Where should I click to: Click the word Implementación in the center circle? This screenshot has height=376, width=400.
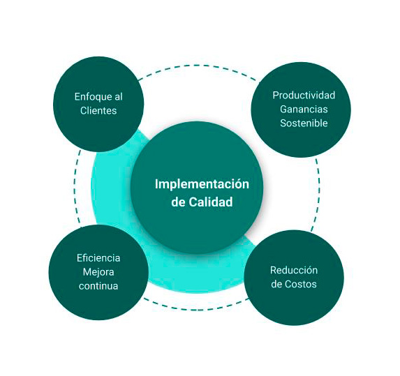pos(202,184)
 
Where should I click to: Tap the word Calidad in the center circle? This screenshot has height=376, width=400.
pos(211,202)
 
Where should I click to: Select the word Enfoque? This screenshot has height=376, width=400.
pos(91,97)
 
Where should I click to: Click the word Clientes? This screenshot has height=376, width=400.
pos(98,111)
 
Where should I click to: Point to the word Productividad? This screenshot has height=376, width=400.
pos(304,96)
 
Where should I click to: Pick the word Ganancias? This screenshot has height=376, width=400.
pos(304,110)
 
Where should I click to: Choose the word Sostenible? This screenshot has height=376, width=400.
pos(304,123)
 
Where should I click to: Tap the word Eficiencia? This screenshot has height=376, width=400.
pos(98,258)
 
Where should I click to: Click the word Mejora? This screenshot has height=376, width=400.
pos(98,272)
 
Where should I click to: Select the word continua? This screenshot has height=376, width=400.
pos(98,286)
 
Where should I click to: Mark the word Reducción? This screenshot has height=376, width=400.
pos(294,270)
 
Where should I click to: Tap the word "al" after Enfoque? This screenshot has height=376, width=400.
pos(117,96)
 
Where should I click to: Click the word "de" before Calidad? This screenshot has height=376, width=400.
pos(178,202)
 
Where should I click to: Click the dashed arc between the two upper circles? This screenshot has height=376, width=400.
pos(196,66)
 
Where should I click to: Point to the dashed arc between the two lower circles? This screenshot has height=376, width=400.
pos(196,310)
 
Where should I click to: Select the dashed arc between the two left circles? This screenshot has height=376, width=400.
pos(75,188)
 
